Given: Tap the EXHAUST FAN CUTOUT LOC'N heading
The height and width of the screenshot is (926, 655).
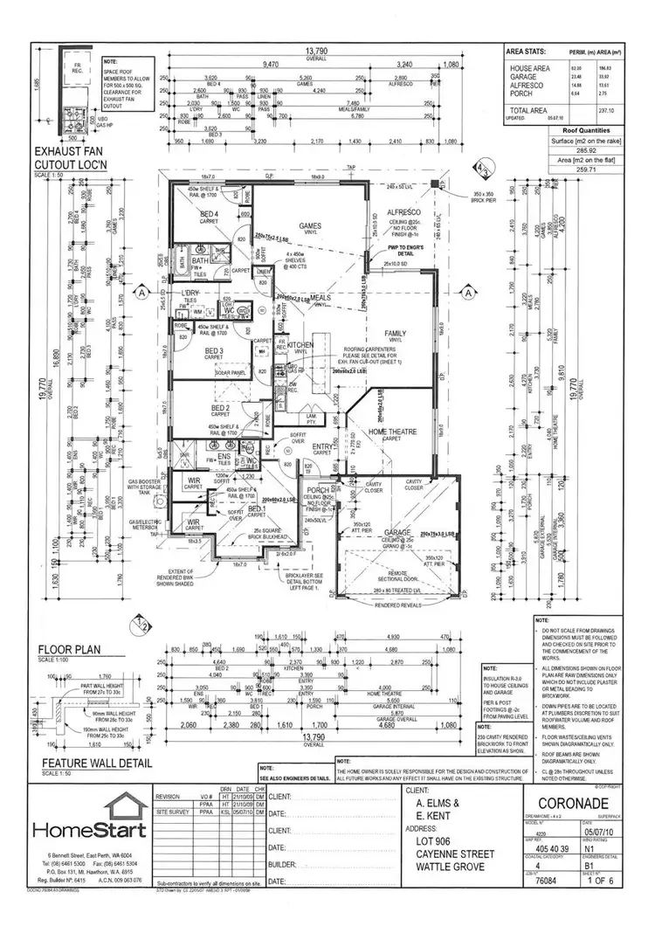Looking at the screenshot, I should [71, 158].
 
